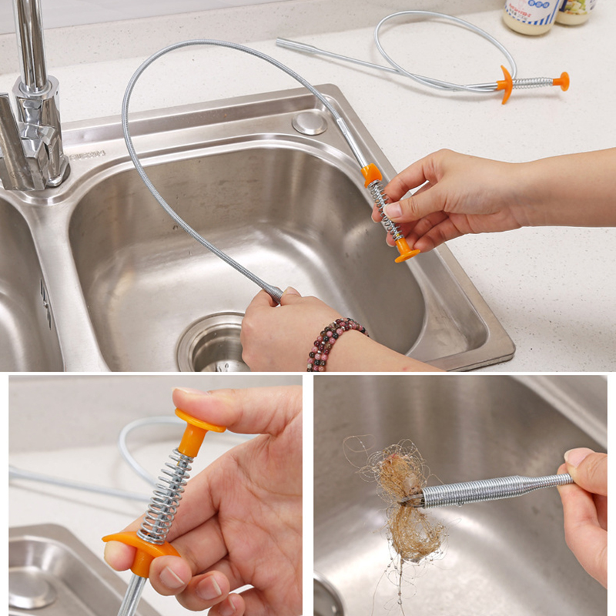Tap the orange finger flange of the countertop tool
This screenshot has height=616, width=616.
pos(505,84)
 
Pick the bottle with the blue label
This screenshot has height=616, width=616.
pos(531,15)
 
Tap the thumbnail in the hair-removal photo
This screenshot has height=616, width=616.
pos(577,457)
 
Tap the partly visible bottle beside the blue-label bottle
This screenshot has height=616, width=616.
pos(575,11)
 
